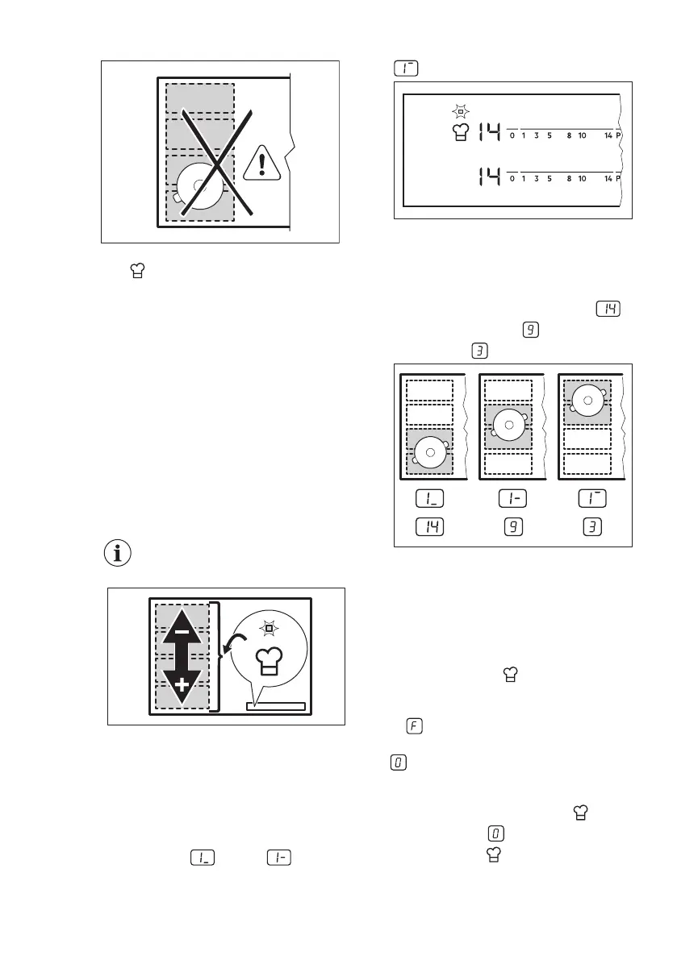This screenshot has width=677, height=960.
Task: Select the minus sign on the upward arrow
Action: coord(182,633)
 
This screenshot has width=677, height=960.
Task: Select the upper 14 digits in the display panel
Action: coord(488,131)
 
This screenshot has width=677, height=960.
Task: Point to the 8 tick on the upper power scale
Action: coord(569,135)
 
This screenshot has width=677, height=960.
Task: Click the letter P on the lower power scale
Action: coord(618,179)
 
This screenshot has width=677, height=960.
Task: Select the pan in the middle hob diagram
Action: coord(507,424)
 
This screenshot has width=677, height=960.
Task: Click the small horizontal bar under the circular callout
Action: coord(276,706)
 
